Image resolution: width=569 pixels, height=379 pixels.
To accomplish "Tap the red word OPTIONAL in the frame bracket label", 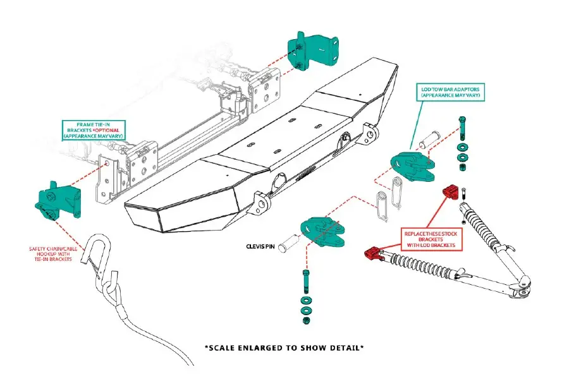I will pos(108,129).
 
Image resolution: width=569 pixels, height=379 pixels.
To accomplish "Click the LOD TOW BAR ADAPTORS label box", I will pos(450,93).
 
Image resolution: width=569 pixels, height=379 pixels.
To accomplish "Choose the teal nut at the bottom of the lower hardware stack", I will pos(306,320).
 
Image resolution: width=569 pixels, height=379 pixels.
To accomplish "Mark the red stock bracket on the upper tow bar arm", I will pos(451,190).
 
